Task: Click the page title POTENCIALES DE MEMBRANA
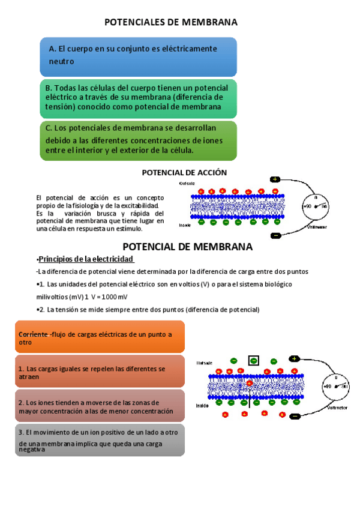coord(171,22)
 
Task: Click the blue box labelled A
coord(138,56)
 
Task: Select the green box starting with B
coord(138,98)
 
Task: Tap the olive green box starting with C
coord(138,140)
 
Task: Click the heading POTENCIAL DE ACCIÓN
coord(184,172)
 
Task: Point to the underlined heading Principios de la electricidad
coord(86,259)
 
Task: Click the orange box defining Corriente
coord(99,337)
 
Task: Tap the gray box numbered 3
coord(99,440)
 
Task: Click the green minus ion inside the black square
coord(254,361)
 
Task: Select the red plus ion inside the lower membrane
coord(249,382)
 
